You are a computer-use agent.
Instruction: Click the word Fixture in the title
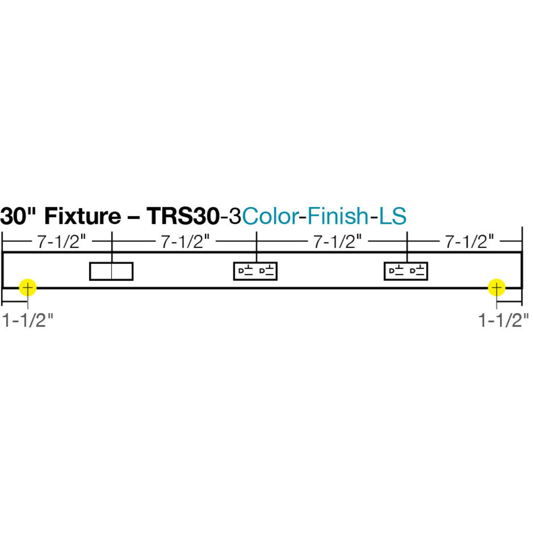pyautogui.click(x=82, y=216)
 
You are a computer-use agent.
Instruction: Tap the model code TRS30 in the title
pyautogui.click(x=183, y=216)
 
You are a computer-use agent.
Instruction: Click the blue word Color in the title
pyautogui.click(x=269, y=216)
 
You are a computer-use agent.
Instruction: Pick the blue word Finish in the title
pyautogui.click(x=337, y=216)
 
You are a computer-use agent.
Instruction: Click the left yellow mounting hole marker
pyautogui.click(x=28, y=288)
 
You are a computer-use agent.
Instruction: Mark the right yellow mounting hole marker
pyautogui.click(x=497, y=288)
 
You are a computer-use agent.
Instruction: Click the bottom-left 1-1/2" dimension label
pyautogui.click(x=28, y=321)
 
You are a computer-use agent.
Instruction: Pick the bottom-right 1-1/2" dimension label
pyautogui.click(x=503, y=321)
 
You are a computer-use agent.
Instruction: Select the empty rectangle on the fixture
pyautogui.click(x=111, y=271)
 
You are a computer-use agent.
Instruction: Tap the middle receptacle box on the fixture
pyautogui.click(x=255, y=271)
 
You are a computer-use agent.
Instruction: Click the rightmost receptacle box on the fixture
pyautogui.click(x=406, y=271)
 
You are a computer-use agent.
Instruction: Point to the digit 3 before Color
pyautogui.click(x=235, y=216)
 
